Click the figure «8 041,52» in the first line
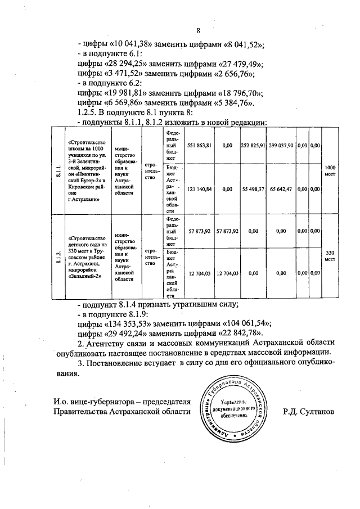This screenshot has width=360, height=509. [x=234, y=44]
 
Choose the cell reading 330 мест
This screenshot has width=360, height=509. [x=329, y=256]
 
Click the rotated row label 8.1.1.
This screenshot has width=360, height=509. [x=58, y=171]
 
